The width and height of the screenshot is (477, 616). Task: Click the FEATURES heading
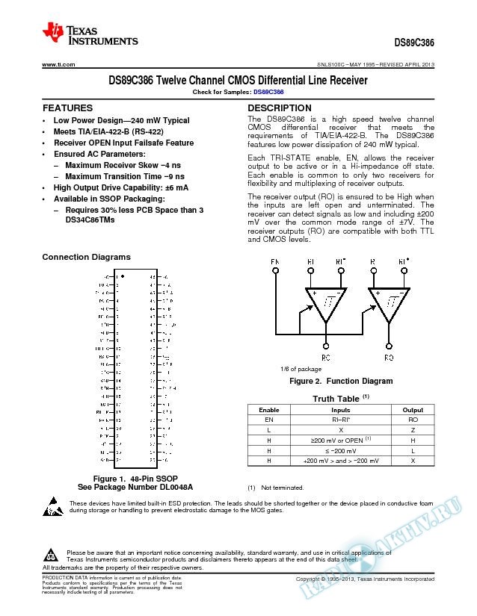pyautogui.click(x=67, y=108)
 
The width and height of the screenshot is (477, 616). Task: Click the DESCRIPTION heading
pyautogui.click(x=279, y=108)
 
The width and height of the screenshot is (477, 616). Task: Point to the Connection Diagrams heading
pyautogui.click(x=86, y=257)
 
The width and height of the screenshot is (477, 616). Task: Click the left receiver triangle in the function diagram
pyautogui.click(x=326, y=303)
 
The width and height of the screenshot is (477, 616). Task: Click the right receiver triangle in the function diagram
pyautogui.click(x=390, y=303)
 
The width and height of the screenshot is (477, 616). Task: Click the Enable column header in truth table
pyautogui.click(x=268, y=410)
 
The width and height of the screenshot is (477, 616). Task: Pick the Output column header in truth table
pyautogui.click(x=412, y=410)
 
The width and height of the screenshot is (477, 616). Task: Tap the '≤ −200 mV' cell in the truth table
pyautogui.click(x=340, y=452)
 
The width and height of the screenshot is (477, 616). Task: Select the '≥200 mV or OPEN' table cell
pyautogui.click(x=340, y=441)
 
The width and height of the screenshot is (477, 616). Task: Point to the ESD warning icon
pyautogui.click(x=51, y=506)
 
